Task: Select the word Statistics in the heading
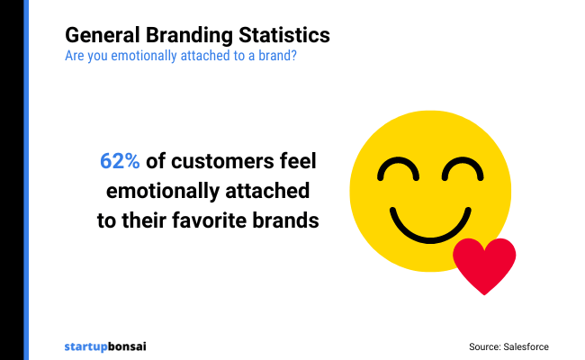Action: [x=285, y=36]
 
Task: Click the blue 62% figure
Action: [x=120, y=162]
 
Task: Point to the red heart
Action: [x=484, y=264]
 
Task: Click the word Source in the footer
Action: [x=484, y=346]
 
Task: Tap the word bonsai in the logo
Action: [x=129, y=346]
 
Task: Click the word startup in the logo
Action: [x=86, y=346]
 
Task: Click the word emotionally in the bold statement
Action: [x=165, y=191]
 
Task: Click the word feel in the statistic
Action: [x=301, y=162]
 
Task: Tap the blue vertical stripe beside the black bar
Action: [x=26, y=180]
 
